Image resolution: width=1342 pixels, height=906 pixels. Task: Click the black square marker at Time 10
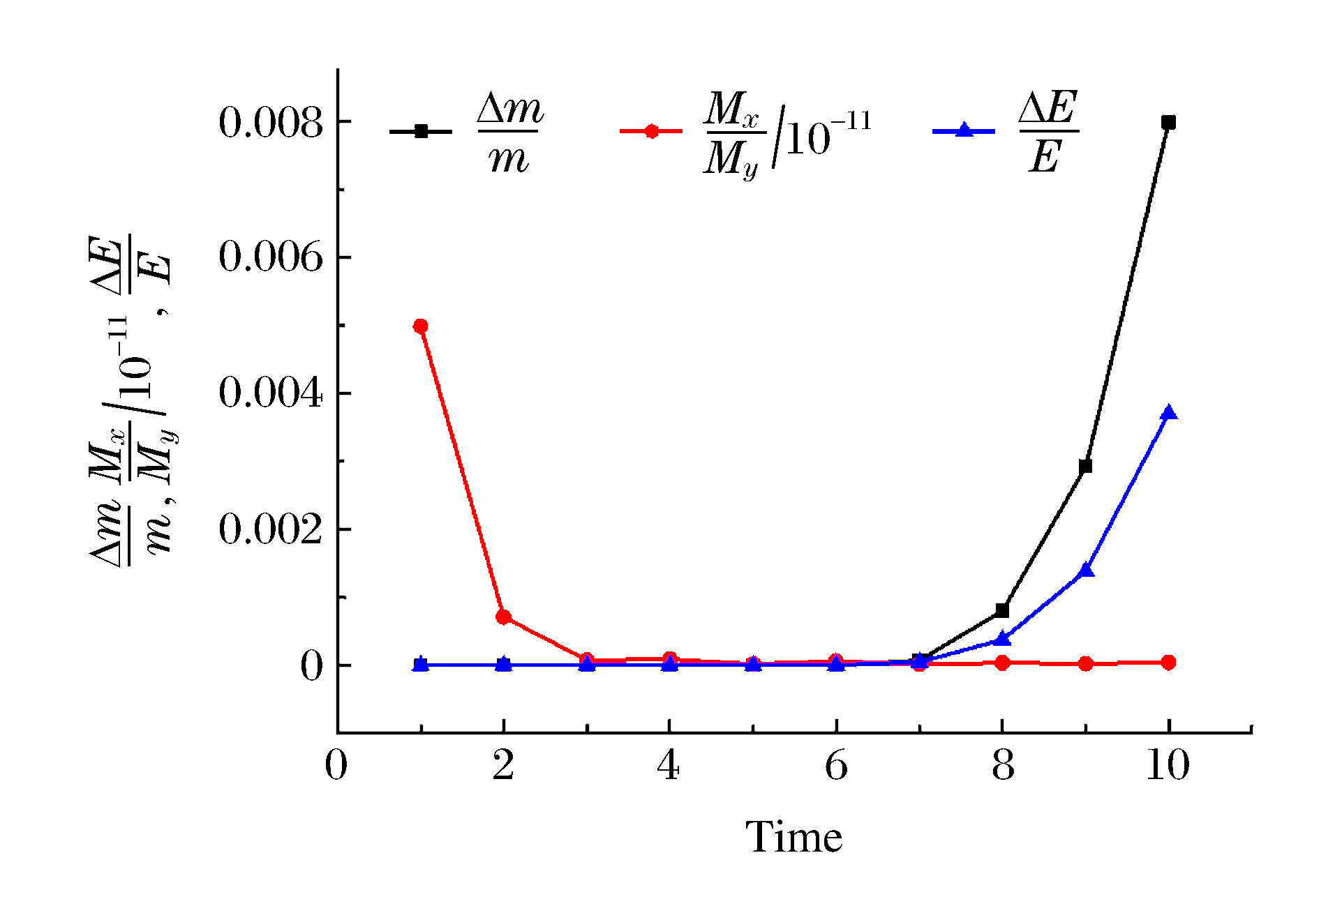(x=1168, y=123)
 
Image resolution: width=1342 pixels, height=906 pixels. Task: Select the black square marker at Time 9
(x=1085, y=466)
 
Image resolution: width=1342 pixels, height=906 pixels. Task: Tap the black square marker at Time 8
(x=1002, y=610)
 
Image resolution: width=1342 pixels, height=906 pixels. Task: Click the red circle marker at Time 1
(x=420, y=326)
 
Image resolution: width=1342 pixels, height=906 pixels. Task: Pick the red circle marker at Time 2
(x=503, y=617)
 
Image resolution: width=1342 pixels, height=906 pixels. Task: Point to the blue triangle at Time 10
(x=1169, y=413)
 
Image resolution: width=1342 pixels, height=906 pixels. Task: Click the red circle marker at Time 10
(x=1168, y=662)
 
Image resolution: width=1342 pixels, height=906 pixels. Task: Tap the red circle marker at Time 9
(x=1085, y=663)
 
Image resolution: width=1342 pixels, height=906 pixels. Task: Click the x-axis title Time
(x=794, y=836)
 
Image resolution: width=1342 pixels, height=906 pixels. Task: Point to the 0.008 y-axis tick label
(x=271, y=123)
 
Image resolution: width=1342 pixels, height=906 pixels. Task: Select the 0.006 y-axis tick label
(x=271, y=257)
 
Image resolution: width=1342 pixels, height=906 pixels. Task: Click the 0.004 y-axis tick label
(x=271, y=393)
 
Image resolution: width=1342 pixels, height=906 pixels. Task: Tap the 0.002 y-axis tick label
(x=271, y=529)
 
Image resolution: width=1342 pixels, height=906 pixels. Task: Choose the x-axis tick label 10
(x=1168, y=766)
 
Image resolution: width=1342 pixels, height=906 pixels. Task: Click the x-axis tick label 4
(x=669, y=766)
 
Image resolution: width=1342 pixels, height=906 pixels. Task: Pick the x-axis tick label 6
(x=836, y=766)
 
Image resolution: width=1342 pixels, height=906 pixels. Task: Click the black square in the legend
(x=421, y=131)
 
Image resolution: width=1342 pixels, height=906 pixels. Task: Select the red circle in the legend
(x=651, y=131)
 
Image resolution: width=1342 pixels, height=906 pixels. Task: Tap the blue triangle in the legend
(x=964, y=130)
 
